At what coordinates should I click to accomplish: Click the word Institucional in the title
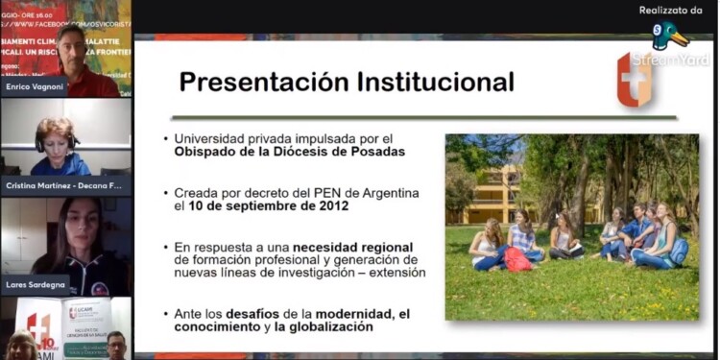[435, 82]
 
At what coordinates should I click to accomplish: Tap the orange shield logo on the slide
[634, 80]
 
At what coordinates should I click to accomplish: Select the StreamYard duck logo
[668, 36]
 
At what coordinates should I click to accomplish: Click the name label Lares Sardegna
[36, 286]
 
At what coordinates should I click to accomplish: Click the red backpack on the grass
[518, 259]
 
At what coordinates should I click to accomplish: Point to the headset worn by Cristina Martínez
[39, 140]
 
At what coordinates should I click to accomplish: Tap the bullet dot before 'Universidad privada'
[166, 138]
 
